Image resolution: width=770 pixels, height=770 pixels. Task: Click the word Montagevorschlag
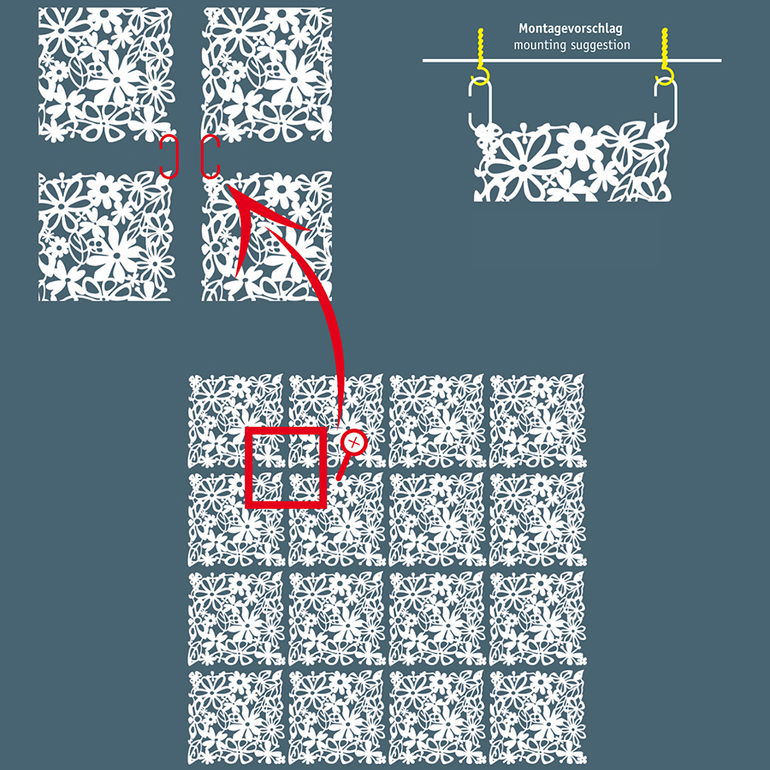point(570,29)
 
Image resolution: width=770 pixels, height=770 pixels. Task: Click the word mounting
point(540,45)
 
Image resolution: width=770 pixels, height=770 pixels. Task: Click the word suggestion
point(600,45)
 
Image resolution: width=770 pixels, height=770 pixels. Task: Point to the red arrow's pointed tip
point(227,184)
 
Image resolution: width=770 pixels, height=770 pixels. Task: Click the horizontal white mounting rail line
point(572,61)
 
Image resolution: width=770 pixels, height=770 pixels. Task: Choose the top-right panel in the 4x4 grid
point(538,421)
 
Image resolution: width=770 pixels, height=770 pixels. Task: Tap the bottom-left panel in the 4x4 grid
point(236,718)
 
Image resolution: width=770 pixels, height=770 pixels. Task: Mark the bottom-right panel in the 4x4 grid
point(538,718)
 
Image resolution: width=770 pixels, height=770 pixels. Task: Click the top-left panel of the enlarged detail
point(106,74)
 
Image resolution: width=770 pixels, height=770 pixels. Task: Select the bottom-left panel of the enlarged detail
point(106,236)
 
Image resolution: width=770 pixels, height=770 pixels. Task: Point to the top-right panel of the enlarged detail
point(267,74)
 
